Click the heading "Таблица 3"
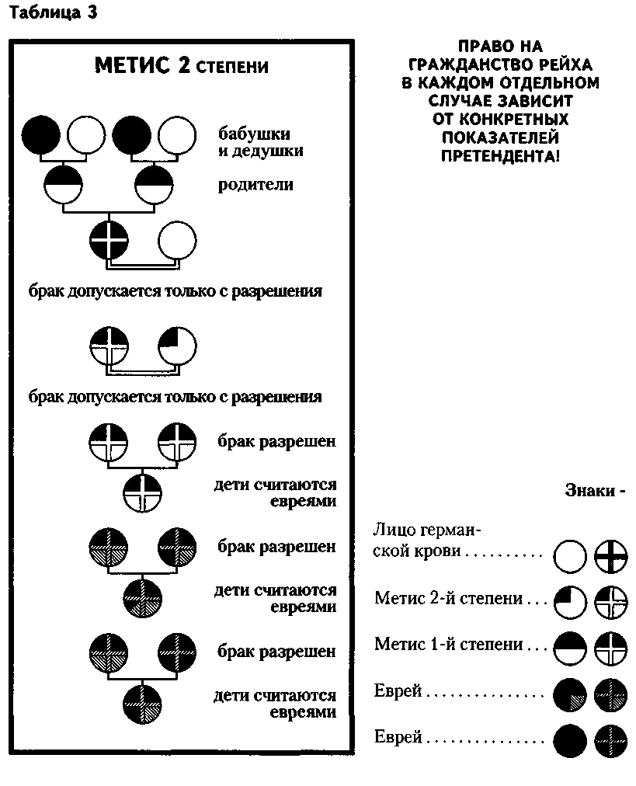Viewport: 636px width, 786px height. (x=53, y=12)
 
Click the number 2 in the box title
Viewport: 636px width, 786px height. (x=184, y=65)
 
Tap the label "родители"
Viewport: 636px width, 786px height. (x=255, y=185)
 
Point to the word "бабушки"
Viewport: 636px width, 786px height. (x=254, y=134)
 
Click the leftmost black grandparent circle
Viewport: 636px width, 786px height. (x=40, y=135)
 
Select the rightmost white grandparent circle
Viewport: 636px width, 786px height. (x=177, y=135)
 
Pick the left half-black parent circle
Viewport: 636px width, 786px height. (x=64, y=185)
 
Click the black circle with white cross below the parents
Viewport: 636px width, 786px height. (x=109, y=240)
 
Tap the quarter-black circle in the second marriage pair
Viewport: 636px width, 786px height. (x=177, y=346)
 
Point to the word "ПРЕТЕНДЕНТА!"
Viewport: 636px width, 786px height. (x=500, y=156)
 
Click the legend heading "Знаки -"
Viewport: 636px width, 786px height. (x=595, y=490)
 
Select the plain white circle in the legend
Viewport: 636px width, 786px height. (x=570, y=556)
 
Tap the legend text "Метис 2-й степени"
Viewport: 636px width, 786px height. (x=449, y=598)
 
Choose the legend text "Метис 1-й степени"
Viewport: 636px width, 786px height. (x=449, y=644)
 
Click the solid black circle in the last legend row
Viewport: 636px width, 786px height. (x=570, y=741)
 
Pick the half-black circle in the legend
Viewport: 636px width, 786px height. (x=570, y=649)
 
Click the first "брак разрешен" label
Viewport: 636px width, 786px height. (x=276, y=442)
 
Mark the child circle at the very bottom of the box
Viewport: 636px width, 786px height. (x=142, y=704)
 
